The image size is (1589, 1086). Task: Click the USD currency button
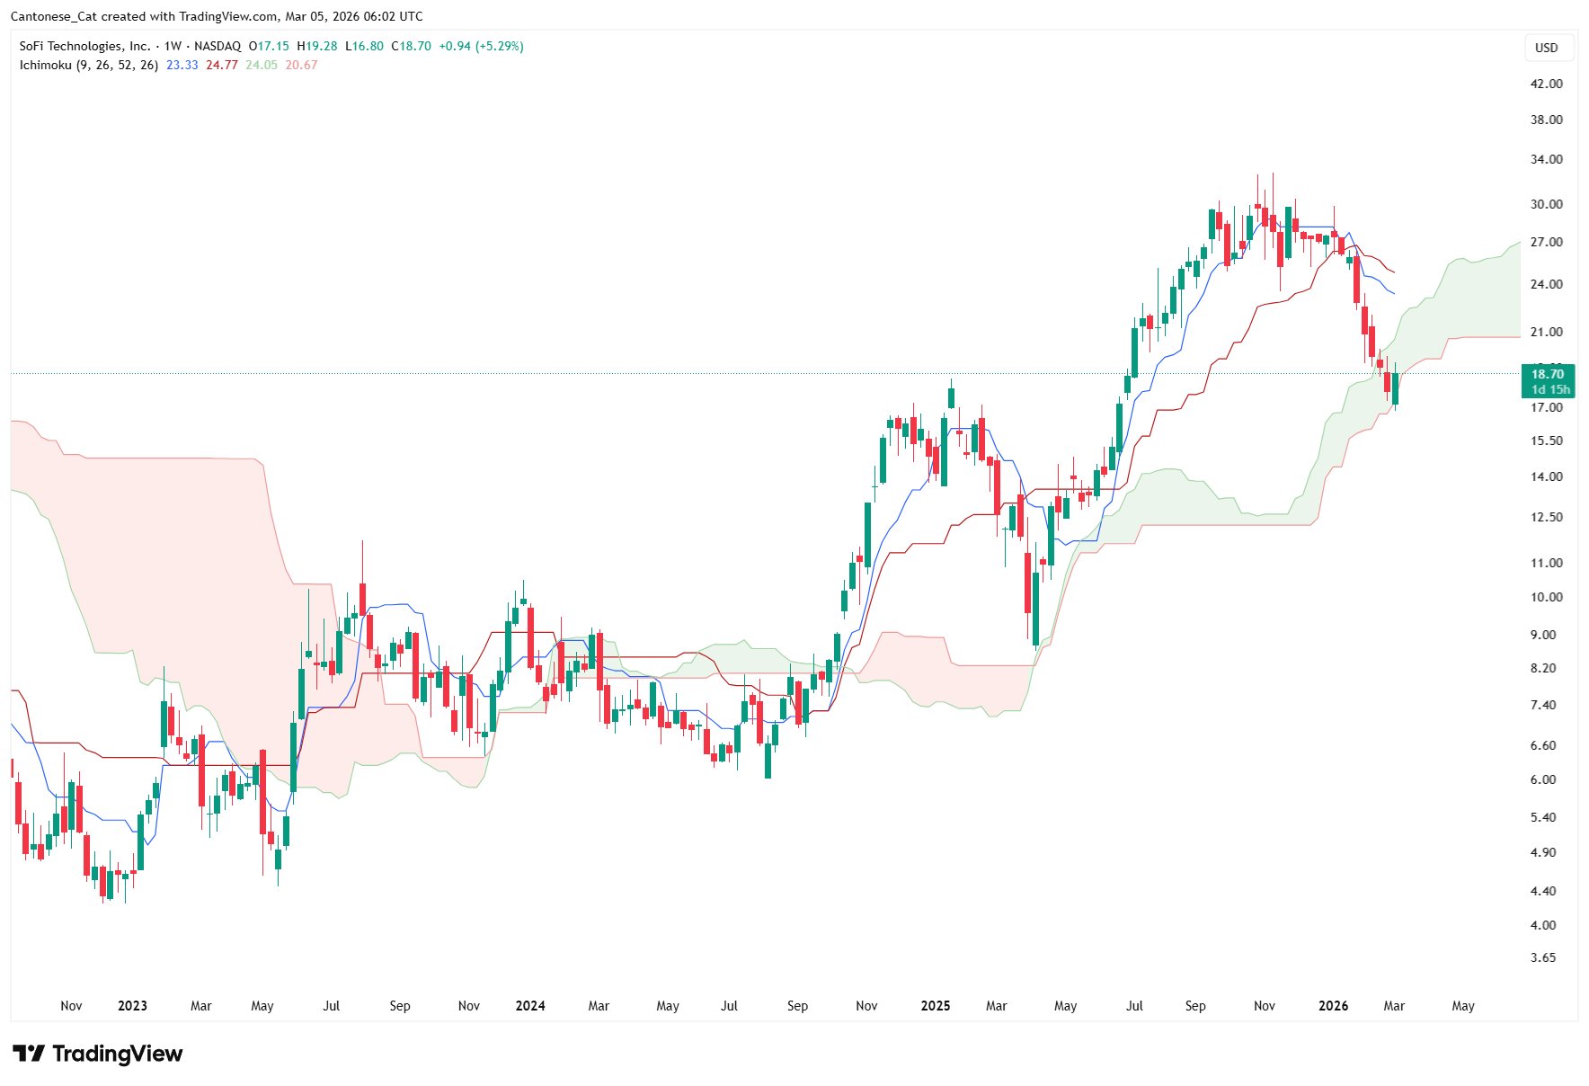pos(1546,48)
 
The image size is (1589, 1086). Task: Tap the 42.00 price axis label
pos(1546,84)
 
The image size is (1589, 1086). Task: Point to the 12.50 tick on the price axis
pos(1546,517)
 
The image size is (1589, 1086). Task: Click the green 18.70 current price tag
pos(1547,381)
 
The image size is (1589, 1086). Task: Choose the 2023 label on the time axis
pos(132,1006)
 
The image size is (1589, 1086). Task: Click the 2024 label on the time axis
pos(530,1006)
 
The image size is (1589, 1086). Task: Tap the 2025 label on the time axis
pos(936,1006)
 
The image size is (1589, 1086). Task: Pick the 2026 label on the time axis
pos(1333,1006)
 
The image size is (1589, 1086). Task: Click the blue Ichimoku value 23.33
pos(182,65)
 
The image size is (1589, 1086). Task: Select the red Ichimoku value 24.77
pos(222,65)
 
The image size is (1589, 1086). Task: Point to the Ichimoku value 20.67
pos(301,65)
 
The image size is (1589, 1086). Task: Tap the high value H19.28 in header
pos(317,46)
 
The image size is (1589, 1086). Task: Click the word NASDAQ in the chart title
pos(217,46)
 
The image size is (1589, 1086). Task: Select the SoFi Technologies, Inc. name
pos(84,46)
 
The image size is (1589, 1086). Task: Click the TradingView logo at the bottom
pos(97,1054)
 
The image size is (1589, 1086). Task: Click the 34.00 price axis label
pos(1546,159)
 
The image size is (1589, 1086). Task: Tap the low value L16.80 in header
pos(364,46)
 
